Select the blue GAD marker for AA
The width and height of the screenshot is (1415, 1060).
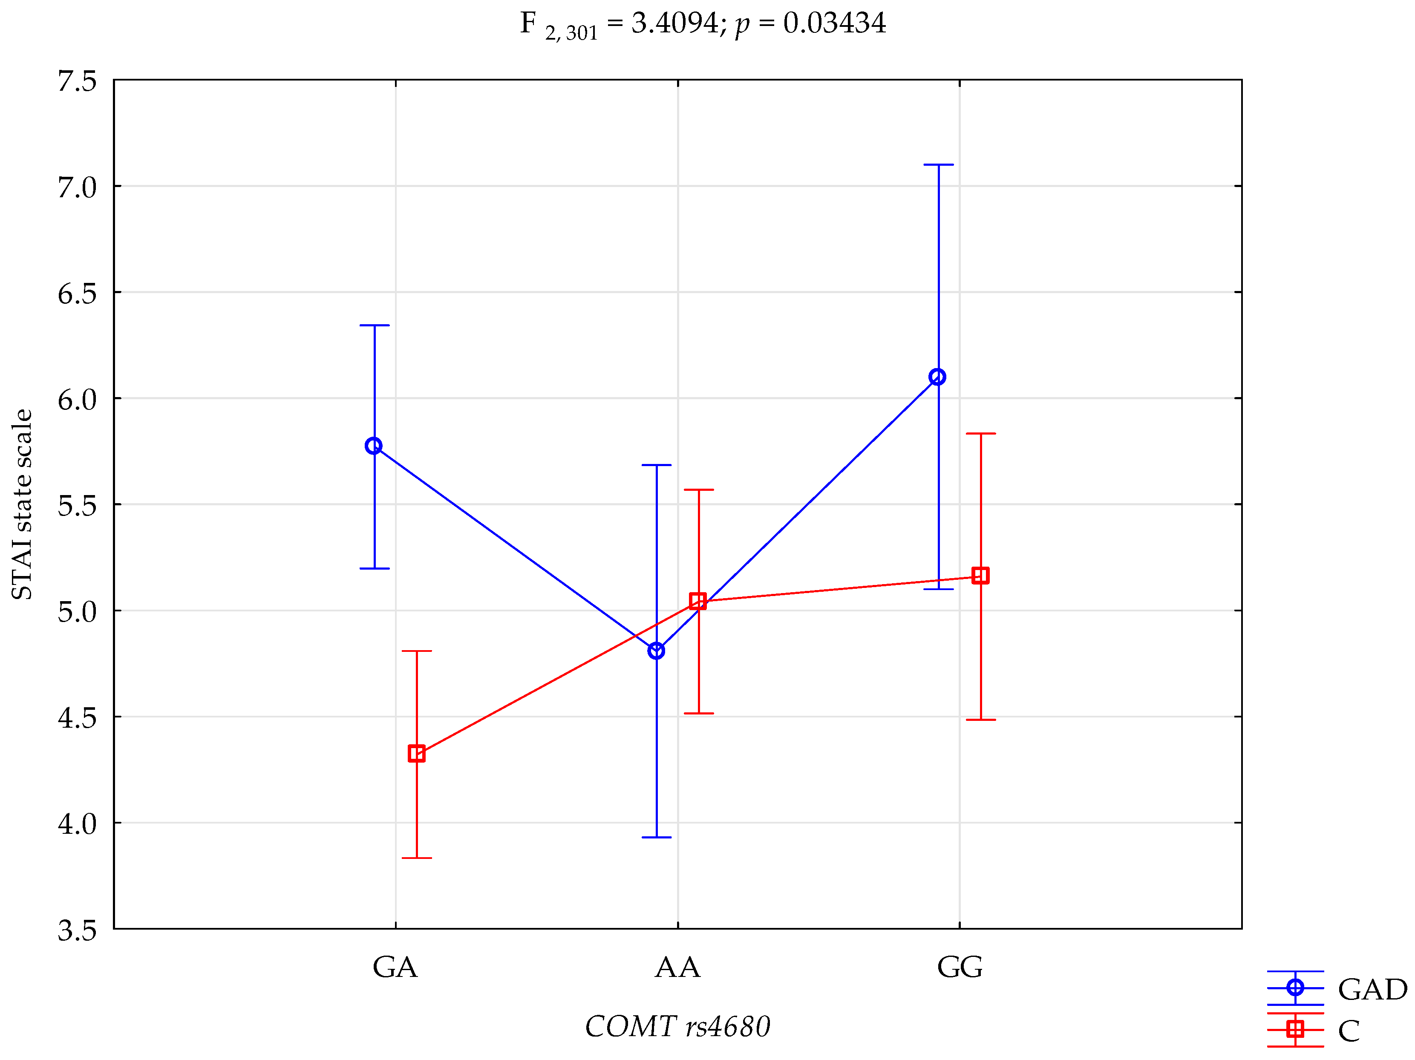click(x=656, y=651)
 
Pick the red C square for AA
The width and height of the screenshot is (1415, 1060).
click(x=698, y=601)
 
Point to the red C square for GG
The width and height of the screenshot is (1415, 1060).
click(x=980, y=575)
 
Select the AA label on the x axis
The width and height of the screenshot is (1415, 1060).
click(x=677, y=967)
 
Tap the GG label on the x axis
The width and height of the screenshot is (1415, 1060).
click(x=960, y=967)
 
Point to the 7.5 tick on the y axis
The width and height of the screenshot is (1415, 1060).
click(x=77, y=81)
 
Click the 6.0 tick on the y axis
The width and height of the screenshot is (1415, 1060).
click(x=77, y=399)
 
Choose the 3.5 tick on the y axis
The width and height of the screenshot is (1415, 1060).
click(x=77, y=930)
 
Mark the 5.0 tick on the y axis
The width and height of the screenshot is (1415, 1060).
click(x=77, y=611)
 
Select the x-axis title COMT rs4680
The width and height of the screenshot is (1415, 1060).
click(x=677, y=1027)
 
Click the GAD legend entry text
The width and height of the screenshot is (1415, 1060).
click(x=1372, y=990)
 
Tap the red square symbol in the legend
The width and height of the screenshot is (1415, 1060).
click(x=1295, y=1028)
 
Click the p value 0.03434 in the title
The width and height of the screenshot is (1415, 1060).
click(x=834, y=23)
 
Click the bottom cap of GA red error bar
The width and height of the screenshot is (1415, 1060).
click(x=416, y=858)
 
